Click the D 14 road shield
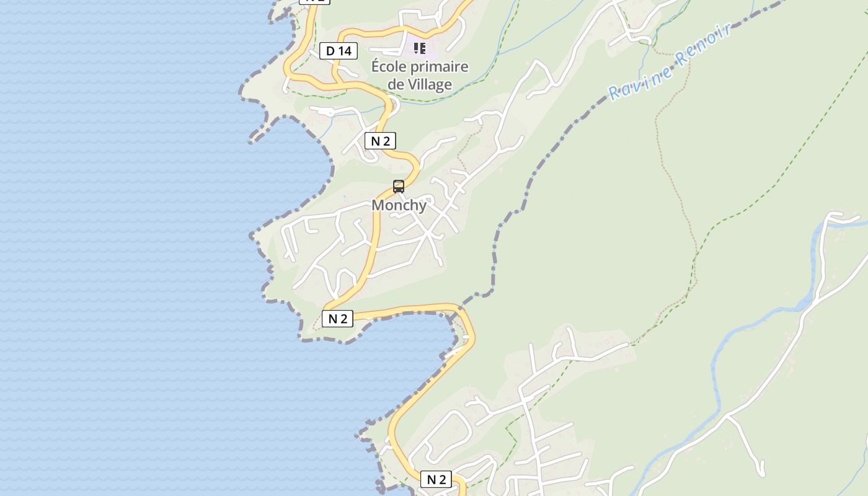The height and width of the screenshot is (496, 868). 339,51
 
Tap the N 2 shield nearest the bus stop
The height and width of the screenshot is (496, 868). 380,141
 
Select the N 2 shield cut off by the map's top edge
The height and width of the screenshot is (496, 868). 314,1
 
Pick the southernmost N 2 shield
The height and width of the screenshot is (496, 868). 436,479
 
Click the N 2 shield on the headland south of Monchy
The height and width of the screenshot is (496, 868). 337,319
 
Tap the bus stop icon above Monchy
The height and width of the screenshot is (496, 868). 399,186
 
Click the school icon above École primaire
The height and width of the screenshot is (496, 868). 420,48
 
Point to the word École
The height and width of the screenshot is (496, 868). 389,66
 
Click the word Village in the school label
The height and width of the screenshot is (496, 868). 430,84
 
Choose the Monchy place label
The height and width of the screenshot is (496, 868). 399,205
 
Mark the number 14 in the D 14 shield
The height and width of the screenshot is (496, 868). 345,51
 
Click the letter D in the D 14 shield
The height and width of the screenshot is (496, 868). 330,51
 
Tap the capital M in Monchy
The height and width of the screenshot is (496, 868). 378,205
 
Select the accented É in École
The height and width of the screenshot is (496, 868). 376,66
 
